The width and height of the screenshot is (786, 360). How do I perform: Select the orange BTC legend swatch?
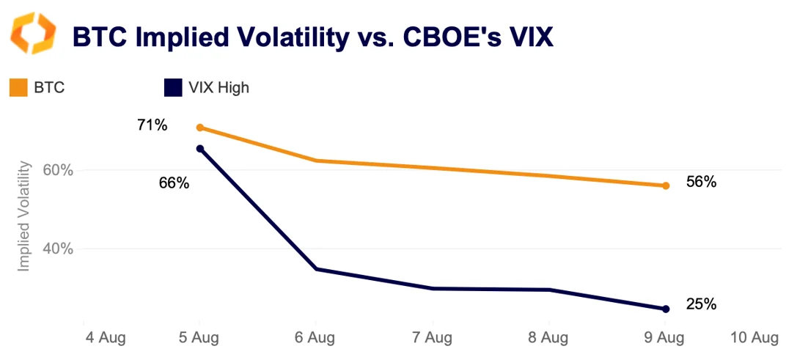tap(18, 88)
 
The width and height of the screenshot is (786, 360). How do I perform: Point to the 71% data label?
tap(153, 125)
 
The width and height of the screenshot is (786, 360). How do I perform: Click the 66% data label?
tap(174, 183)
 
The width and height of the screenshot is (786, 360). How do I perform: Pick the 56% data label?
tap(701, 183)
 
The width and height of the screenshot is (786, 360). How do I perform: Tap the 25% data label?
tap(701, 304)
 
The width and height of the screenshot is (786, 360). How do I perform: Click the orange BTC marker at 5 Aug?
tap(199, 128)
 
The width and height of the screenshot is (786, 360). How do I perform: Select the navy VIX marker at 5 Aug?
tap(199, 149)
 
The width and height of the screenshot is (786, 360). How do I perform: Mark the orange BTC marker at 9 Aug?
tap(665, 185)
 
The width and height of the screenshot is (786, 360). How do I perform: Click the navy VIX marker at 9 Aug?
tap(665, 309)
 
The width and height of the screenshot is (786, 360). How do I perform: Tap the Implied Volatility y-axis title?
tap(24, 216)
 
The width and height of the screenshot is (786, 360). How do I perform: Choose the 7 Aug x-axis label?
tap(432, 338)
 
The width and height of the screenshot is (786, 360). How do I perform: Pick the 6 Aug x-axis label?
tap(315, 338)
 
